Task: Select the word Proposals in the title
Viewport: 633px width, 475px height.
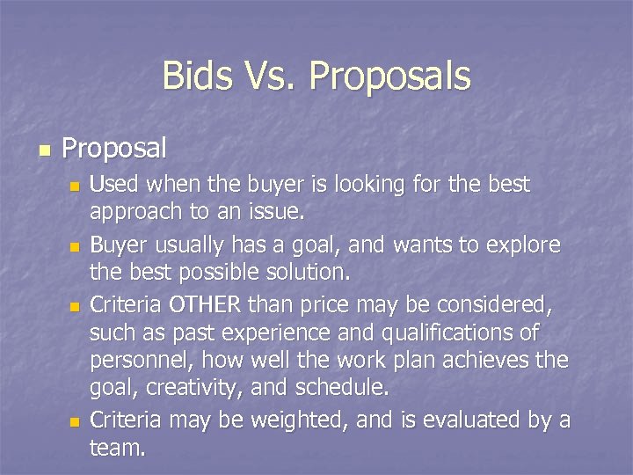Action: (x=389, y=77)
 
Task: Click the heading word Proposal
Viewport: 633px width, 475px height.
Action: (x=114, y=149)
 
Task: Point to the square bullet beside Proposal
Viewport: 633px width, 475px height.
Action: (x=42, y=149)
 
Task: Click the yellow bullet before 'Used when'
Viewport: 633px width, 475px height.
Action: (x=75, y=186)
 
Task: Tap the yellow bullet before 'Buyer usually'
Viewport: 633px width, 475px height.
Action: (x=75, y=246)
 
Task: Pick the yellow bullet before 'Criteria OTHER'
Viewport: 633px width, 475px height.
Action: (x=75, y=306)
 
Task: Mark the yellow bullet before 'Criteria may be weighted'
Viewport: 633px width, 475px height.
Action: (x=75, y=423)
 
